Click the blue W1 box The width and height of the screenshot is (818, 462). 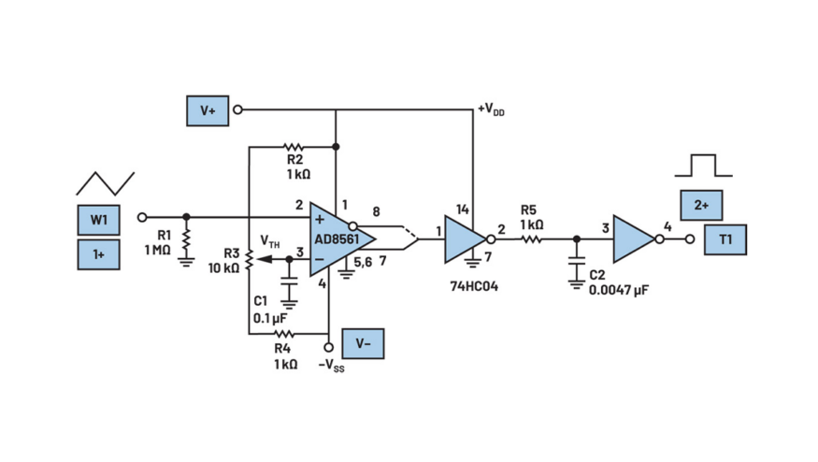click(x=98, y=220)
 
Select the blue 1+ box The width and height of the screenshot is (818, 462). click(x=98, y=254)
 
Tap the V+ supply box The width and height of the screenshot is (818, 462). click(x=208, y=110)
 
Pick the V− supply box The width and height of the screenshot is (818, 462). click(x=363, y=343)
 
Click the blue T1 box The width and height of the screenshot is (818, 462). click(x=725, y=239)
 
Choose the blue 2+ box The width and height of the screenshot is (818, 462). click(x=702, y=205)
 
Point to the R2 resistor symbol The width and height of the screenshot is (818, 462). click(x=294, y=147)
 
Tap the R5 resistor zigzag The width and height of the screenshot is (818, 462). click(x=532, y=239)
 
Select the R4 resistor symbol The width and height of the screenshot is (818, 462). click(x=284, y=334)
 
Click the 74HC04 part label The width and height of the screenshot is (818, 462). click(x=474, y=286)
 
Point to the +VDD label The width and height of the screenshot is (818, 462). click(x=492, y=110)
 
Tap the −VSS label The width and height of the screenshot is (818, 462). click(x=331, y=366)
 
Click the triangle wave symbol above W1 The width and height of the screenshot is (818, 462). click(x=106, y=183)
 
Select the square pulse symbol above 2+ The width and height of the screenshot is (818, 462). click(x=704, y=166)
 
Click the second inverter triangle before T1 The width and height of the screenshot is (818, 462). click(x=635, y=239)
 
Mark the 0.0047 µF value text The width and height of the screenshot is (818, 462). click(x=619, y=290)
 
